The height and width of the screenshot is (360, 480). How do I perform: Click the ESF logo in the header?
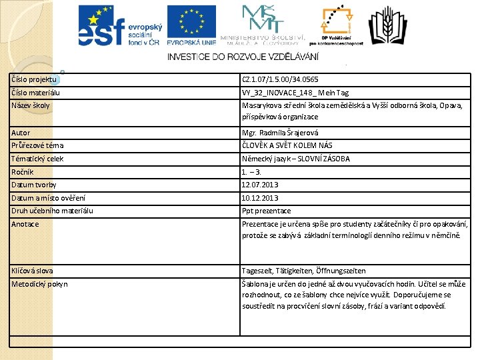[119, 25]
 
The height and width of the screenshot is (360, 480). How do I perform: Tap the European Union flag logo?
[191, 25]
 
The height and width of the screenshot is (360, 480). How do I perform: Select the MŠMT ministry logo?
[262, 24]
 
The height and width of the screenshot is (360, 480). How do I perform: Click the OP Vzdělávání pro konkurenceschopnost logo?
[341, 25]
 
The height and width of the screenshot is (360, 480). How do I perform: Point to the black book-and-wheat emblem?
[387, 25]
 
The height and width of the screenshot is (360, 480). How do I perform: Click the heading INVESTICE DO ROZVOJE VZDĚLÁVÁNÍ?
[243, 57]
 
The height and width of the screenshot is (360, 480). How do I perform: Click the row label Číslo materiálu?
[35, 93]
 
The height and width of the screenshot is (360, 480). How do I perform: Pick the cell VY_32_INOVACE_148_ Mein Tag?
[295, 93]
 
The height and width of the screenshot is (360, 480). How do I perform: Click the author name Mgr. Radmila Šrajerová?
[280, 133]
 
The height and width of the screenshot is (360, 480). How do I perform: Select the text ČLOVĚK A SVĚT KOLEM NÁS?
[287, 145]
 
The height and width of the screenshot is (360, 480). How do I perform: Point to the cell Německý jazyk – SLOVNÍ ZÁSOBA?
[296, 159]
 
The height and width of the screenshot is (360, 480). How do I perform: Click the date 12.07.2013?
[260, 185]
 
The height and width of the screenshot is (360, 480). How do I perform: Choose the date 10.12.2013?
[260, 198]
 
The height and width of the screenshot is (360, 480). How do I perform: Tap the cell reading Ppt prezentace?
[267, 211]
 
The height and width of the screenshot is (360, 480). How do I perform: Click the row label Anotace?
[25, 224]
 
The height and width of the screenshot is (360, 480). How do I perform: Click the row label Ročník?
[23, 172]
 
